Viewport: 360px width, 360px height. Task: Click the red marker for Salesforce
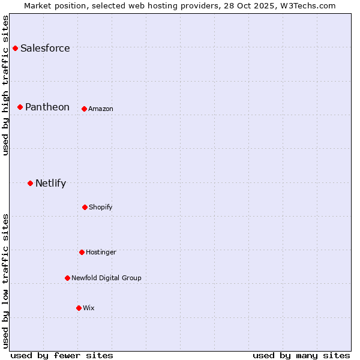15,48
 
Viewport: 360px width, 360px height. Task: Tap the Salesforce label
45,48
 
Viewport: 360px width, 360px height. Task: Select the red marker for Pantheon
20,107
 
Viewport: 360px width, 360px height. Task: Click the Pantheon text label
47,107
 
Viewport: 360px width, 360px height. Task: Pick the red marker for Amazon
84,109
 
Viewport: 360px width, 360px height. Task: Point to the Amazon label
101,109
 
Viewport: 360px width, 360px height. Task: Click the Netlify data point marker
30,183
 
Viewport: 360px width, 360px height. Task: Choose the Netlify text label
50,184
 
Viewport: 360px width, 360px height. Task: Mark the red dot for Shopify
85,207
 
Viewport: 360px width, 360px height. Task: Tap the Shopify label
101,207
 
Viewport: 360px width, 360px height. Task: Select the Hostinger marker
82,252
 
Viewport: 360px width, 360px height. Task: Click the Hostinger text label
101,252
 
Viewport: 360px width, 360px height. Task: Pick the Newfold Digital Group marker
67,278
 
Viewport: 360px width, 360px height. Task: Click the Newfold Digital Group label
106,278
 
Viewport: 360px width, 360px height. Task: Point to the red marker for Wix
79,308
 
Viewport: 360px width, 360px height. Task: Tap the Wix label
89,308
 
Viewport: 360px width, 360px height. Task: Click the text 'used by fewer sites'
62,355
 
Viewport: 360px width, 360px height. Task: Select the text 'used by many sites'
301,355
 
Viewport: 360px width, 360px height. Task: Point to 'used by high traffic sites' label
5,85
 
